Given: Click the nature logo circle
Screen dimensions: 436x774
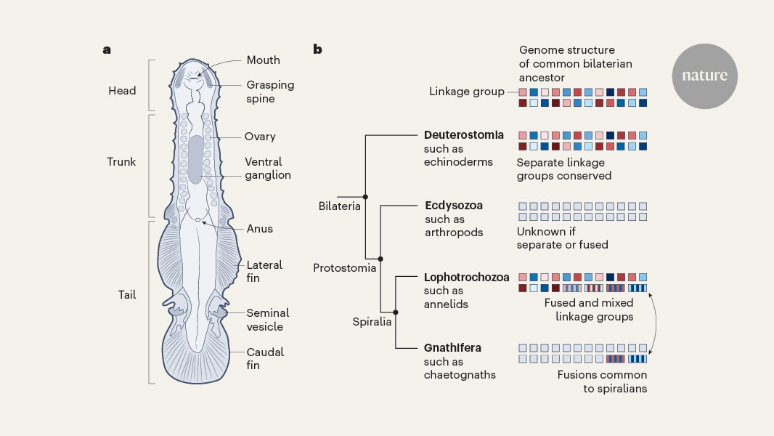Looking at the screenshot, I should [x=704, y=76].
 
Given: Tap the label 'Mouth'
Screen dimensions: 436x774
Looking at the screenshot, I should [x=263, y=60].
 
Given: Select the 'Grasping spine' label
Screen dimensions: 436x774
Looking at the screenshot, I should [x=270, y=92].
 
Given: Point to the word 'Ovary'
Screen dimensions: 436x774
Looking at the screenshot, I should [x=261, y=137].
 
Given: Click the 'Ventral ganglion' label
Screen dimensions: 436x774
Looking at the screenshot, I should [x=268, y=169].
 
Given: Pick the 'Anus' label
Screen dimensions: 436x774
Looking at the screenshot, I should [x=259, y=228].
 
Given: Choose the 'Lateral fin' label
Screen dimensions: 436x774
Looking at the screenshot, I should [x=264, y=272].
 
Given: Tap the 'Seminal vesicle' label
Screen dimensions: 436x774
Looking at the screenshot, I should [x=267, y=320].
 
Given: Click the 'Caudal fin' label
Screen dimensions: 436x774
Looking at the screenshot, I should [x=265, y=359].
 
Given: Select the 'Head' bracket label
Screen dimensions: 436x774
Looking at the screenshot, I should [x=122, y=91].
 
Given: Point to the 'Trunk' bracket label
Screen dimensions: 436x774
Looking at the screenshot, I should [x=121, y=161].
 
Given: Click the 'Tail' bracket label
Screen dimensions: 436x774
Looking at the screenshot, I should [x=127, y=295].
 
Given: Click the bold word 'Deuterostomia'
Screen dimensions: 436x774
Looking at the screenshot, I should [x=463, y=135].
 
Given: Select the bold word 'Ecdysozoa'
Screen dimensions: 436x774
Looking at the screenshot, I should [x=454, y=206].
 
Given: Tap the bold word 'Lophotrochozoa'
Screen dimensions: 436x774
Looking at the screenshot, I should [x=466, y=277].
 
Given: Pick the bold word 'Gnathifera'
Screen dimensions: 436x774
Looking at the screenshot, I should [x=453, y=348].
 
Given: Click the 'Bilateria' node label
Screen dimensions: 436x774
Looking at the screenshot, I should [x=339, y=206].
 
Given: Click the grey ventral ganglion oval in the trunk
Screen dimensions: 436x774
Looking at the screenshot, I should [x=195, y=159].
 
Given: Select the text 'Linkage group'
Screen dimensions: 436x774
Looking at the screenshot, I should [x=466, y=92].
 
